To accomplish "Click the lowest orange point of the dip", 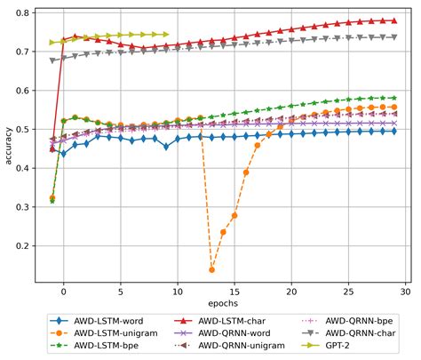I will point(211,269).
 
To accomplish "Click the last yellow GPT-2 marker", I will point(166,35).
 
